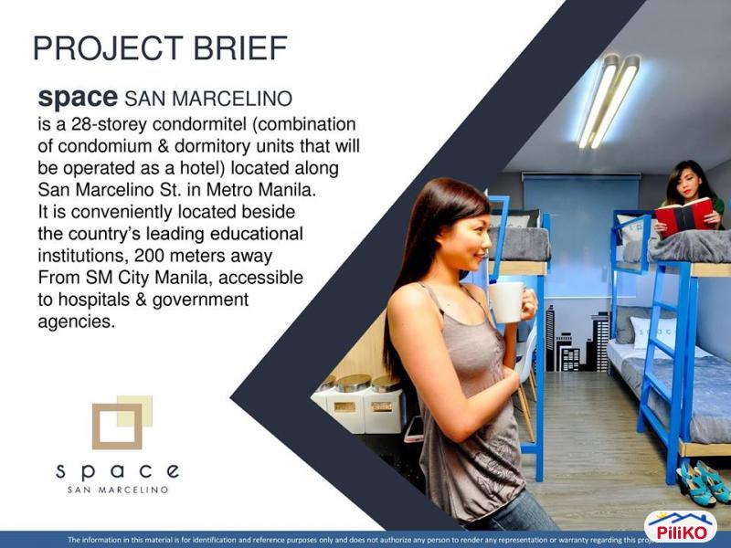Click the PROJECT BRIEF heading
160,47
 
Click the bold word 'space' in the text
78,98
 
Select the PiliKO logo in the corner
681,527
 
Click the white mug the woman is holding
506,301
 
